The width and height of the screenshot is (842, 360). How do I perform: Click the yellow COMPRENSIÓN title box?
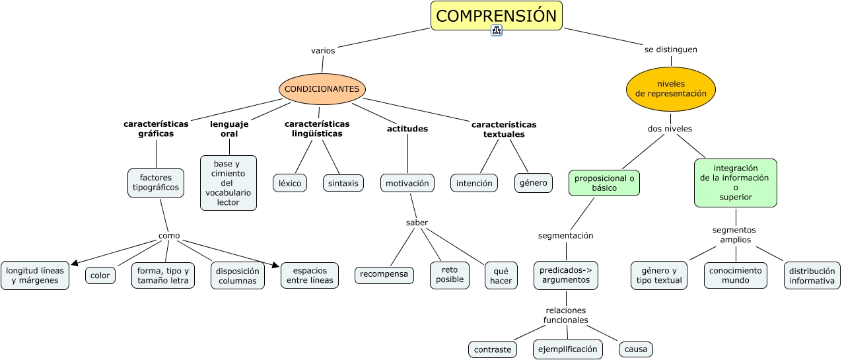tap(497, 16)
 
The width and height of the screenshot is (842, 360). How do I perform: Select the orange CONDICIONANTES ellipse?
tap(322, 89)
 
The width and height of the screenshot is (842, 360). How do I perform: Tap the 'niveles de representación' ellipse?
tap(671, 89)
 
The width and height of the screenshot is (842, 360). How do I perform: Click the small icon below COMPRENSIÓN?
tap(497, 30)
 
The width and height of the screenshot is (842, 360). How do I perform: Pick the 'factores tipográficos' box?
tap(156, 182)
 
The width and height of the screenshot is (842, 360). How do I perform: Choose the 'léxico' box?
tap(290, 183)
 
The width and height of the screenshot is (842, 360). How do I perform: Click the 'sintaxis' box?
tap(343, 183)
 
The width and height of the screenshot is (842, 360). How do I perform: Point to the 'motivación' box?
tap(407, 183)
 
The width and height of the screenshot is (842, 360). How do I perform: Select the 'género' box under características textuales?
tap(534, 183)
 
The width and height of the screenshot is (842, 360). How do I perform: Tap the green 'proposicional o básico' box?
tap(604, 183)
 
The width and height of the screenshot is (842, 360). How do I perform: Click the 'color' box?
tap(100, 275)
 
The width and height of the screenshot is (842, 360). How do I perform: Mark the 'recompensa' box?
tap(384, 275)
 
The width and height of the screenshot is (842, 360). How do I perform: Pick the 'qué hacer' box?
tap(501, 275)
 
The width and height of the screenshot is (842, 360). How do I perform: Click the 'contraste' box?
tap(493, 349)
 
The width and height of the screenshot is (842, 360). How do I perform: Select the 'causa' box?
tap(636, 349)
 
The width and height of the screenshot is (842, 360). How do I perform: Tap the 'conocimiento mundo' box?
tap(736, 275)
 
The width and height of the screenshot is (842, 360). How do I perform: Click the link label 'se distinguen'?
tap(671, 50)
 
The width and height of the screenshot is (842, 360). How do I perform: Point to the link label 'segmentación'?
tap(566, 235)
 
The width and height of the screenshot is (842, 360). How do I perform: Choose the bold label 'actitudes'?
tap(407, 129)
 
